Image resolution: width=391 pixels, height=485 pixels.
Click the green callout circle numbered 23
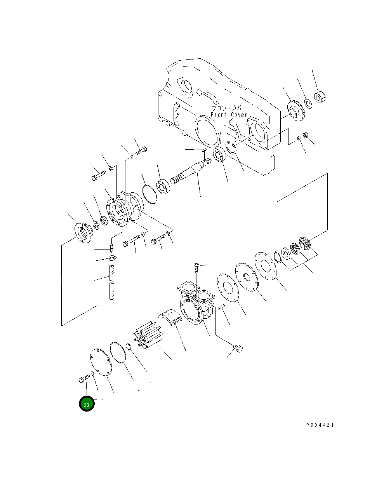coord(87,404)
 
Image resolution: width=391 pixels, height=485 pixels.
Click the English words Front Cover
coord(229,115)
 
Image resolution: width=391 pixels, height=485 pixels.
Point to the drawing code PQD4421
coord(320,425)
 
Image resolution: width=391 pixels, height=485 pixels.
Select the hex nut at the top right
coord(320,97)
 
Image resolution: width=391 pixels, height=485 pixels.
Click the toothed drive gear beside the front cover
coord(296,111)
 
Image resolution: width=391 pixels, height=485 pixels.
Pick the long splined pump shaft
coord(191,171)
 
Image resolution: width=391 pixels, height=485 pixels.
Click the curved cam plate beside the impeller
coord(170,318)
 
